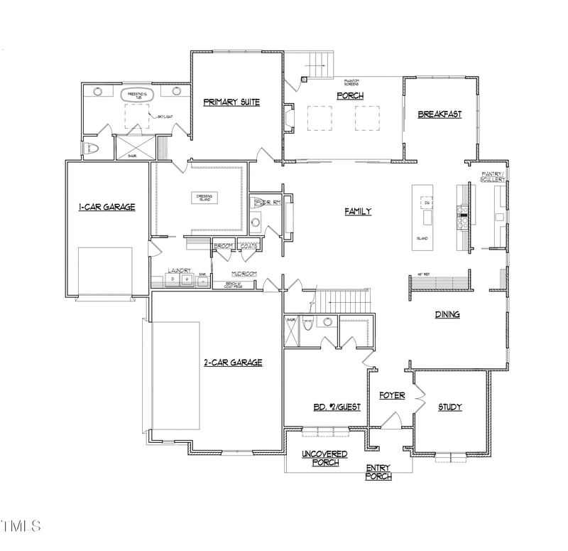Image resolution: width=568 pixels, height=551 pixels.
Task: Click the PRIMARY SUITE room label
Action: click(231, 102)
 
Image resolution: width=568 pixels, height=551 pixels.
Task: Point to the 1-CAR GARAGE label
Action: click(106, 207)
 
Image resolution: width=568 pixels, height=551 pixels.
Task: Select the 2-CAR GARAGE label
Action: click(233, 363)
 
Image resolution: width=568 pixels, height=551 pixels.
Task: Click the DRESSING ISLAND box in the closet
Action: click(205, 198)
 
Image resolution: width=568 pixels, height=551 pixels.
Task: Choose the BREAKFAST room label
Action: click(439, 114)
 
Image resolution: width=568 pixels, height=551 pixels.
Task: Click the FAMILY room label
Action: click(358, 211)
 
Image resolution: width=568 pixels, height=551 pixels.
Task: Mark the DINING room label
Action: click(447, 314)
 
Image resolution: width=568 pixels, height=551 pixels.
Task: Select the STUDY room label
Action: click(449, 407)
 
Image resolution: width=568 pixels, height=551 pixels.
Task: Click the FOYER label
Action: click(392, 395)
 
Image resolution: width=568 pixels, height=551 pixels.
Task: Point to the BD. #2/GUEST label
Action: click(337, 407)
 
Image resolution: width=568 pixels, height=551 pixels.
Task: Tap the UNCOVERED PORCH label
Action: click(324, 458)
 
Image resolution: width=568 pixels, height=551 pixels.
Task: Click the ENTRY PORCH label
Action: click(378, 472)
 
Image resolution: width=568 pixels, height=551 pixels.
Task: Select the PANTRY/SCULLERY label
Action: click(493, 177)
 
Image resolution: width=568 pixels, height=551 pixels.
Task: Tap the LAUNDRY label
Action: click(178, 270)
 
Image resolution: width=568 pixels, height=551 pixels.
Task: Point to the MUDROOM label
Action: click(244, 274)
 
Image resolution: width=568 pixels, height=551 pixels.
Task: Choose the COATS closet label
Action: click(248, 246)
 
